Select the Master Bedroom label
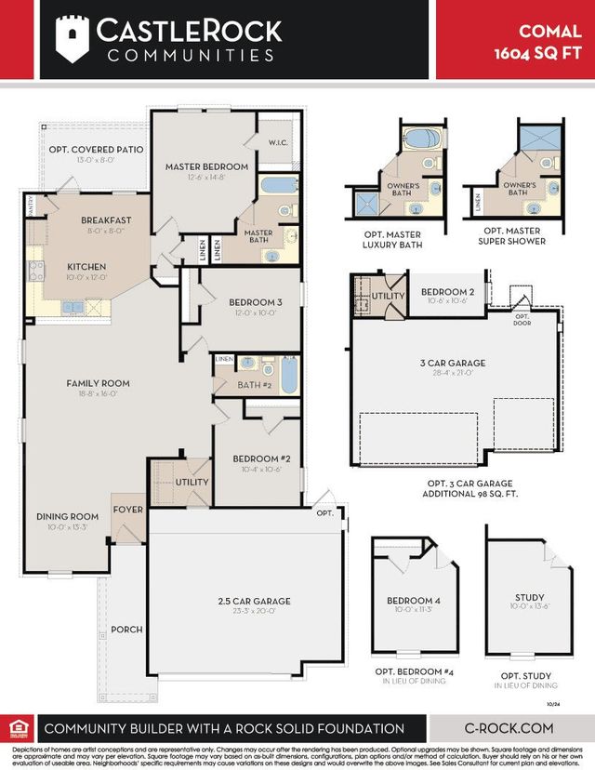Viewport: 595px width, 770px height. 206,166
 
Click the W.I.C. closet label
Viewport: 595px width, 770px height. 278,142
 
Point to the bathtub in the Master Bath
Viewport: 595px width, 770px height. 278,184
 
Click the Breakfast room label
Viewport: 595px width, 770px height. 105,220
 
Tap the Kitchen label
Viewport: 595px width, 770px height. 86,265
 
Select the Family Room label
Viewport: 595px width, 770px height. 98,382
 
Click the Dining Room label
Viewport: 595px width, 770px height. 67,516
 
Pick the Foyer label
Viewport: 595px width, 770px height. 127,509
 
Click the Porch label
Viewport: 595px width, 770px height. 126,629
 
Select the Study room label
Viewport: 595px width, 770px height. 529,597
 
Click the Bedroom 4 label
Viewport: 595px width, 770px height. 414,601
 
